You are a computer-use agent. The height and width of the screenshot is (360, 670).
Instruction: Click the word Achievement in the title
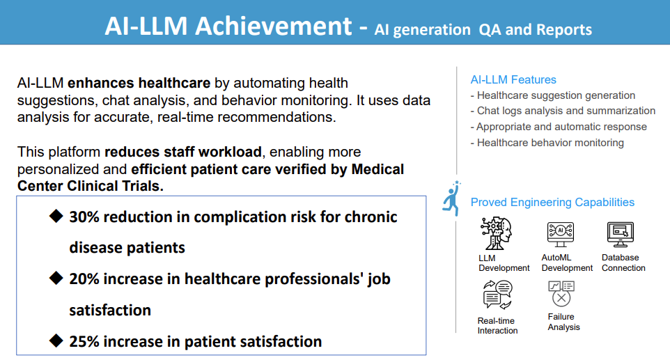[x=274, y=26]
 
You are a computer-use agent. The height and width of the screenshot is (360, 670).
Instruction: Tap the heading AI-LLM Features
[x=513, y=79]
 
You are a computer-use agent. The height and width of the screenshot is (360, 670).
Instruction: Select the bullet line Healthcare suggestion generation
[x=553, y=95]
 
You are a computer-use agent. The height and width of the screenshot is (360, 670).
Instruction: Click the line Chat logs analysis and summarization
[x=563, y=111]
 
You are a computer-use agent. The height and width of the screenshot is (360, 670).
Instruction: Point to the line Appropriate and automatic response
[x=559, y=127]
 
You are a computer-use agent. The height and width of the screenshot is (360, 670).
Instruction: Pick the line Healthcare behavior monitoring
[x=547, y=143]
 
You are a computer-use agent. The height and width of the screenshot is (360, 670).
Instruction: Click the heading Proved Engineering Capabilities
[x=552, y=202]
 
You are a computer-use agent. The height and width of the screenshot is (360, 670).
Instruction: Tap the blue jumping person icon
[x=451, y=198]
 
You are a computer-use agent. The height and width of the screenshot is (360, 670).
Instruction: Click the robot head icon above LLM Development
[x=496, y=233]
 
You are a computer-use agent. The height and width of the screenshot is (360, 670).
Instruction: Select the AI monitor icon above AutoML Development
[x=560, y=234]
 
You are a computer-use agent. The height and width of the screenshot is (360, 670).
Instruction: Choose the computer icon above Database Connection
[x=621, y=234]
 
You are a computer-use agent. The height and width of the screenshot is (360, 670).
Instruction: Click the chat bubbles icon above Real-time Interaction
[x=497, y=295]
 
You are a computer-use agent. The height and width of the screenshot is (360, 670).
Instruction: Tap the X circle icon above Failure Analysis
[x=561, y=293]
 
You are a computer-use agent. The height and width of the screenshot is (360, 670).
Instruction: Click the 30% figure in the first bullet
[x=84, y=217]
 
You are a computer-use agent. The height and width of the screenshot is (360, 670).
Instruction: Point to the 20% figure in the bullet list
[x=84, y=279]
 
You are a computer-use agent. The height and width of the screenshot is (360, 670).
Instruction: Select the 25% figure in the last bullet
[x=84, y=342]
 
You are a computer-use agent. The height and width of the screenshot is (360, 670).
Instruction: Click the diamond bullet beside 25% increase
[x=56, y=341]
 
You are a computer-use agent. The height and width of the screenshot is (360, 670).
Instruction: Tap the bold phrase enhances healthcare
[x=139, y=83]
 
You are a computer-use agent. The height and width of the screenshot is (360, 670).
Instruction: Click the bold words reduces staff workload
[x=183, y=152]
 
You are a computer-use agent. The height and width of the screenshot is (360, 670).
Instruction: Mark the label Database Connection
[x=623, y=263]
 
